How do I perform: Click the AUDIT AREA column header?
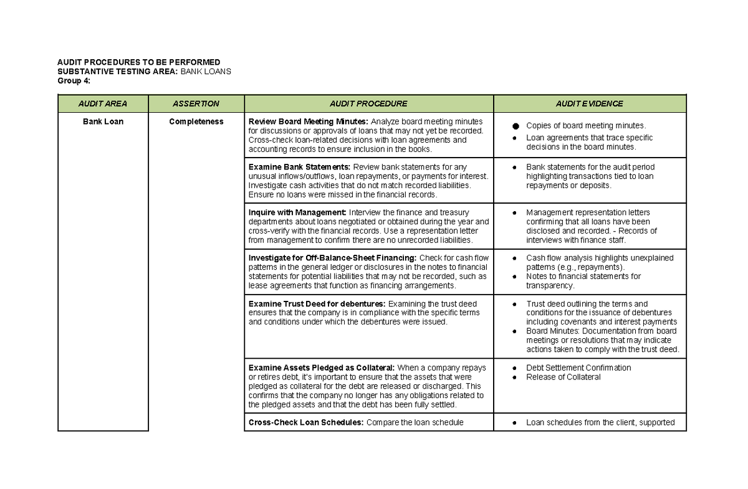pos(103,104)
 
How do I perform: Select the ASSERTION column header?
pos(196,104)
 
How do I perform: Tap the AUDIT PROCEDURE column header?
pos(368,104)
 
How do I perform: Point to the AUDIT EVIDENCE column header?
pos(590,104)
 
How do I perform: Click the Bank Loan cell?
pos(103,121)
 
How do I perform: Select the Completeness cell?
pos(196,121)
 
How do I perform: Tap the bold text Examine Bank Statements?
pos(299,167)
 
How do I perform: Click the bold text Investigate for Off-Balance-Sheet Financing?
pos(332,258)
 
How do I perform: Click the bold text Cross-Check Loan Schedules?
pos(306,422)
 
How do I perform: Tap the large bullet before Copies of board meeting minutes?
pos(515,126)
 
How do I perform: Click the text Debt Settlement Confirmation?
pos(578,368)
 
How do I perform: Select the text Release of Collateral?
pos(563,377)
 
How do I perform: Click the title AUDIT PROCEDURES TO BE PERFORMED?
pos(138,62)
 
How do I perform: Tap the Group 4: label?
pos(74,81)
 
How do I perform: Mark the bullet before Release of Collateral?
pos(515,377)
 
